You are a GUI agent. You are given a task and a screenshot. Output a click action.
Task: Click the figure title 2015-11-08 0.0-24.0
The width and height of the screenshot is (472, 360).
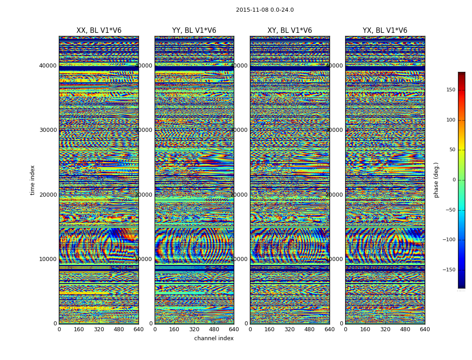(265, 10)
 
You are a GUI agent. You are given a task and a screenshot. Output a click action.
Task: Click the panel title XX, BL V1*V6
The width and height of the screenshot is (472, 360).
(99, 31)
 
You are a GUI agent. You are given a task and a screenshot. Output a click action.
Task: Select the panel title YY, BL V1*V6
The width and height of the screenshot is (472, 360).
(194, 31)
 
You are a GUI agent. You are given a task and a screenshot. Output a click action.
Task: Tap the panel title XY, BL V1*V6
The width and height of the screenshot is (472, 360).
(289, 31)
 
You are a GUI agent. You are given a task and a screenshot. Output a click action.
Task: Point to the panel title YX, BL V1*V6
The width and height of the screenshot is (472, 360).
(385, 31)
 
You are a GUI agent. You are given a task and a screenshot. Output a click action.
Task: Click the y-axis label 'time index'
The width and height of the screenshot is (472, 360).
(32, 180)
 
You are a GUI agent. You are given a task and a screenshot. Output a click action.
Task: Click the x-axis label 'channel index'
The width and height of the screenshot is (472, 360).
(214, 338)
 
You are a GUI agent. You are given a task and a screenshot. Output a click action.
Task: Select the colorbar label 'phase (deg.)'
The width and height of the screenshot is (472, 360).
(436, 180)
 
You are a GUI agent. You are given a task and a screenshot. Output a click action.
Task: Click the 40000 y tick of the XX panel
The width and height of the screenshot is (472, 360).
(48, 65)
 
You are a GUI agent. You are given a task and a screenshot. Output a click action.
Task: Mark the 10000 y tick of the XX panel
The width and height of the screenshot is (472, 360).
(48, 259)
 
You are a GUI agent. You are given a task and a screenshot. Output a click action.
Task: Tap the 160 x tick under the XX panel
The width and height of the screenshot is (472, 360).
(79, 329)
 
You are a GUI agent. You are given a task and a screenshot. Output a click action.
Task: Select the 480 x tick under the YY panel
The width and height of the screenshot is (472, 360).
(214, 329)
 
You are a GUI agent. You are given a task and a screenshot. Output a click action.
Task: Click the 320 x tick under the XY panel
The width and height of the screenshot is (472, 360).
(289, 329)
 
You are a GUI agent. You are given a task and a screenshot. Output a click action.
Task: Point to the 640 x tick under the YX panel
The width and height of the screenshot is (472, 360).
(425, 329)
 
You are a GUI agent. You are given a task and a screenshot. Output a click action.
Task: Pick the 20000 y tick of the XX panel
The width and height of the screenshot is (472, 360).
(48, 194)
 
